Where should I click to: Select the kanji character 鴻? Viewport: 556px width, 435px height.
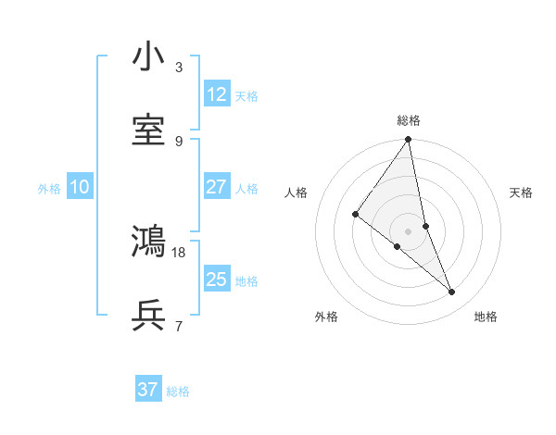[x=148, y=242]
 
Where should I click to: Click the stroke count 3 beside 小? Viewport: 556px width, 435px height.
[x=179, y=68]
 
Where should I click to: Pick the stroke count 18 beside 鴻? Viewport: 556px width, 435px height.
[x=180, y=252]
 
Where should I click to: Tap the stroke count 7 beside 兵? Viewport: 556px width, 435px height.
[x=179, y=327]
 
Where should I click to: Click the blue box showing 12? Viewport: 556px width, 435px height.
[x=217, y=94]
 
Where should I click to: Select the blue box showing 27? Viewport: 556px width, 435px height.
[x=217, y=187]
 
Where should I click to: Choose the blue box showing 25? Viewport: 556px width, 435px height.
[x=217, y=280]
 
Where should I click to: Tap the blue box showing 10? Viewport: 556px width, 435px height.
[x=80, y=187]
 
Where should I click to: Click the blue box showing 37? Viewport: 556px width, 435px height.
[x=148, y=390]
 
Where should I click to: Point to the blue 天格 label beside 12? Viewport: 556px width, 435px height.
[x=246, y=96]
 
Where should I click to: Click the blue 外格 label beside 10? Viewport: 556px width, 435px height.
[x=49, y=189]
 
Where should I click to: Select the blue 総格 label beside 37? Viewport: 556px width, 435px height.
[x=178, y=391]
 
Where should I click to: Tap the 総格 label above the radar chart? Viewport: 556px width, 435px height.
[x=409, y=120]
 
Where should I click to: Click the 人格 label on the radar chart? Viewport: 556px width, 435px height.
[x=297, y=193]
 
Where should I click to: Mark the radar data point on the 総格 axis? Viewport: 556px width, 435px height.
[x=409, y=141]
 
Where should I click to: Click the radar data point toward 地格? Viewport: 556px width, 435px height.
[x=452, y=292]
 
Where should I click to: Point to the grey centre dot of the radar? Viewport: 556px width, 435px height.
[x=409, y=230]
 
